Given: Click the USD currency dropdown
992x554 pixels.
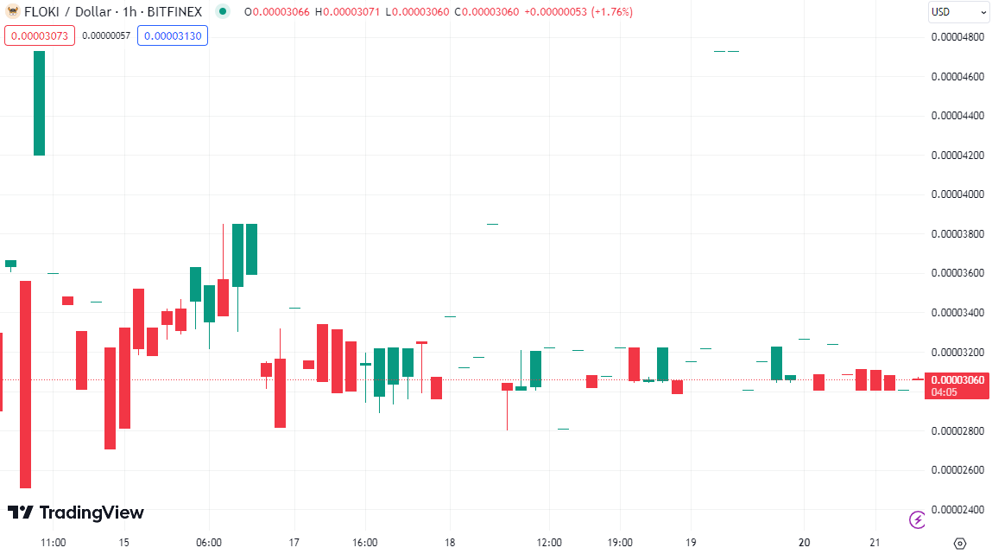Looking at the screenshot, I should pos(958,12).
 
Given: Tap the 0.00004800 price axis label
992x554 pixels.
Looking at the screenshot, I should pos(957,37).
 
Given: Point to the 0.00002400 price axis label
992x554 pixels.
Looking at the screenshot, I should pos(957,509).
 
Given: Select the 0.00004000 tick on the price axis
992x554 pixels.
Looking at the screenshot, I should pos(957,194).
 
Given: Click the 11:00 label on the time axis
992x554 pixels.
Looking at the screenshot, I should pos(54,543).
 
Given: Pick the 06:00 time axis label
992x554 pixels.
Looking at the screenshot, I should pos(209,543).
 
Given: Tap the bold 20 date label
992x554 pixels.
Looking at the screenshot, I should pos(805,543).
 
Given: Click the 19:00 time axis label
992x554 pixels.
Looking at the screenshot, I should pos(620,543).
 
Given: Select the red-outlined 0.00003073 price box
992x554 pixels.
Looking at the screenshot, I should pos(40,35).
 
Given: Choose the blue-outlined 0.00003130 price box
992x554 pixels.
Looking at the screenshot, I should pos(173,35).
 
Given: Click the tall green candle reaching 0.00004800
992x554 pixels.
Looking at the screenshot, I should pos(39,103).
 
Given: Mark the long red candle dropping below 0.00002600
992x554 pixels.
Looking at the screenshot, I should pos(25,385).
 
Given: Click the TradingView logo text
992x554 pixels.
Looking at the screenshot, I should pos(76,513).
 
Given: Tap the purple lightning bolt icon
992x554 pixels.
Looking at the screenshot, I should pos(918,519).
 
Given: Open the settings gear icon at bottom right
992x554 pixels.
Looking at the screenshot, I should pos(959,543).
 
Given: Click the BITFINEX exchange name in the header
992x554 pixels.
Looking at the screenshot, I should pos(174,12).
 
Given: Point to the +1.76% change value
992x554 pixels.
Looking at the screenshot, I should pos(611,12).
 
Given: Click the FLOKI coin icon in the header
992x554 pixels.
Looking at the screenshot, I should pos(12,12).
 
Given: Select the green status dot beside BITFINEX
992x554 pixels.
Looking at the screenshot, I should pos(224,12).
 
